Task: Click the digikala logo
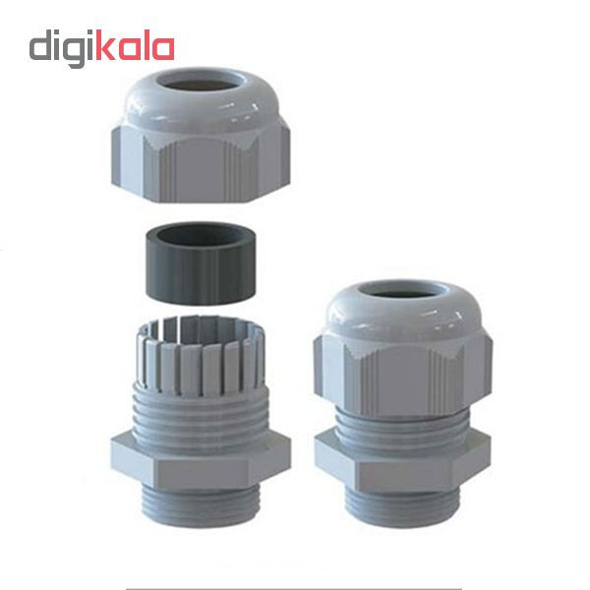point(101,48)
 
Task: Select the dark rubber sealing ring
point(201,264)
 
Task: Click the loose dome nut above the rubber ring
point(201,135)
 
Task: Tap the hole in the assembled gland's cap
point(402,293)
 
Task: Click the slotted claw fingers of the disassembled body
point(201,354)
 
